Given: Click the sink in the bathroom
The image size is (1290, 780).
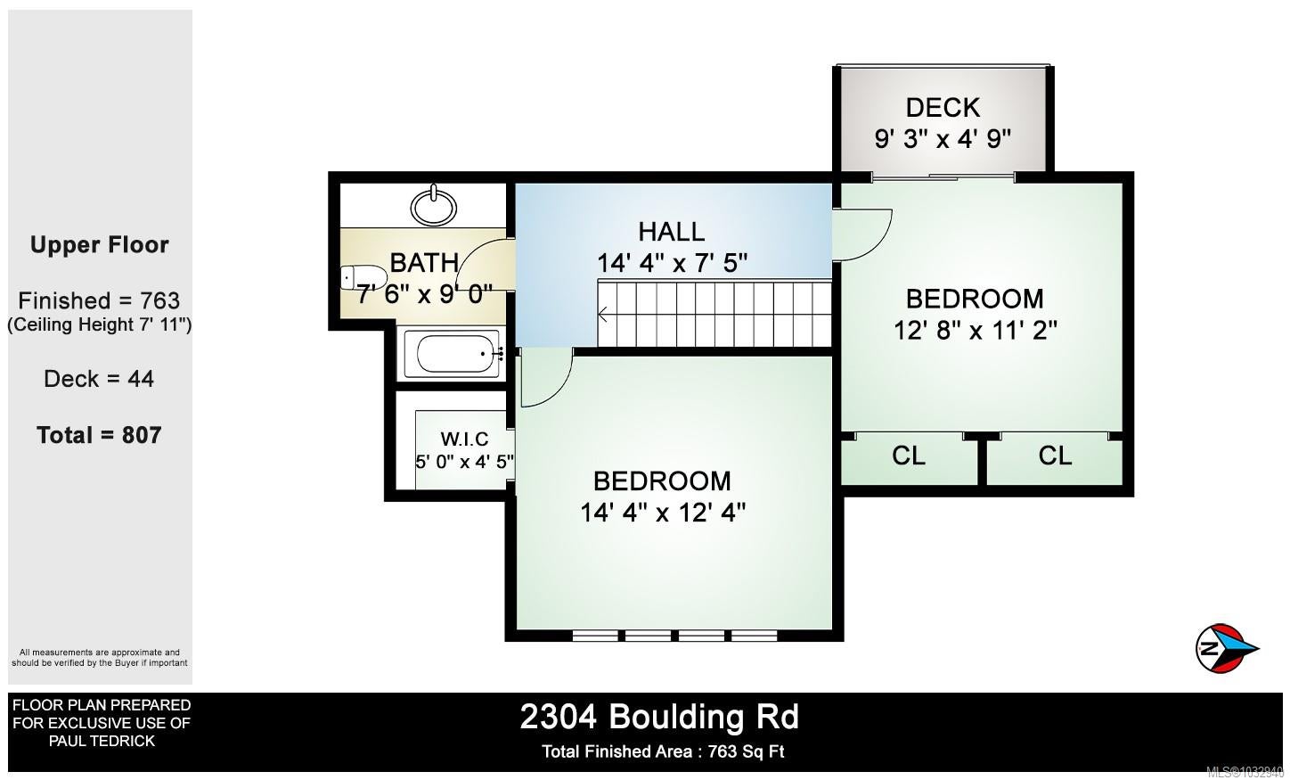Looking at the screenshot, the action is [434, 206].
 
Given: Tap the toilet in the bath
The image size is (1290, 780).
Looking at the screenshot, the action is [363, 277].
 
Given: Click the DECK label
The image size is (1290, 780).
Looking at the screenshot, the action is [943, 108].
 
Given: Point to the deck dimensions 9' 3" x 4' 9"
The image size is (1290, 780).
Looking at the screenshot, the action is [943, 139].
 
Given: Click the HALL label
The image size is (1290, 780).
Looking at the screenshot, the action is [672, 232].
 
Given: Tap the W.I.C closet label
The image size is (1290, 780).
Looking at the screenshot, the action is [464, 439].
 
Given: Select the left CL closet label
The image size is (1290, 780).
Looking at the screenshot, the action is [908, 456].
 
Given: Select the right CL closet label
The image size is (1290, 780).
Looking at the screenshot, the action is [1055, 456].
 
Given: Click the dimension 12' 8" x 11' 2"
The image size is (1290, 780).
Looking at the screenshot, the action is [975, 331].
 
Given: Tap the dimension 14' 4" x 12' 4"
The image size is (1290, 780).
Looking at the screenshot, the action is [663, 513].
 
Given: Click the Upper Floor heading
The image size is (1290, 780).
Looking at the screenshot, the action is [99, 245].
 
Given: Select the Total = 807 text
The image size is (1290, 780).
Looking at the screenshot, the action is [99, 435].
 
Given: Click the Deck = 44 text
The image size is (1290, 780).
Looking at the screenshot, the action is [99, 379].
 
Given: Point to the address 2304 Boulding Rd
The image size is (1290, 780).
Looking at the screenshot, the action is [659, 717].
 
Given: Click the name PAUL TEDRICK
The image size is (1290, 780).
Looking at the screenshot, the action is [102, 741].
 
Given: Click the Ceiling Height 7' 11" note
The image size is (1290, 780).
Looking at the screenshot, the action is [99, 324].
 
